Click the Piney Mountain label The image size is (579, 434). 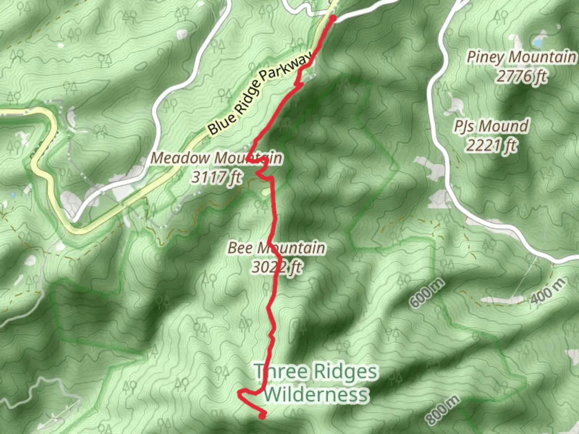click(521, 57)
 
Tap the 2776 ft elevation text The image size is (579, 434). click(521, 76)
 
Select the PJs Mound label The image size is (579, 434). click(491, 126)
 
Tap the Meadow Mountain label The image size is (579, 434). click(216, 158)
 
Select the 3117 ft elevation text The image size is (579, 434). click(216, 177)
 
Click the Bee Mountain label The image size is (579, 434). click(276, 248)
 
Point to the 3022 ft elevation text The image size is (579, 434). click(276, 266)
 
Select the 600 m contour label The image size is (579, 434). click(427, 293)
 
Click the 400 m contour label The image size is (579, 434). click(548, 292)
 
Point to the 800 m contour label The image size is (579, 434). click(442, 410)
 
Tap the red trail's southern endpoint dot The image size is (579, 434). click(262, 416)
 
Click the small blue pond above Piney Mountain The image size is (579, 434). click(538, 41)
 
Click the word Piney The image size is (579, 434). click(485, 57)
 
